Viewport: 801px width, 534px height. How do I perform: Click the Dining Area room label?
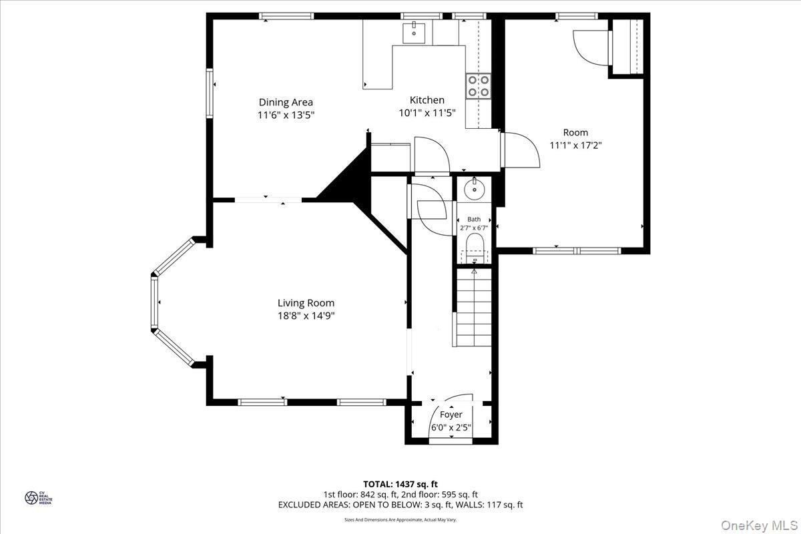tap(286, 102)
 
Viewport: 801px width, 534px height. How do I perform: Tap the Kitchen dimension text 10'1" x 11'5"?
tap(427, 113)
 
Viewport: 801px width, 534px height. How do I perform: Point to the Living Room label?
tap(306, 303)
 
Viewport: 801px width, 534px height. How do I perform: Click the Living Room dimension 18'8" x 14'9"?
tap(306, 316)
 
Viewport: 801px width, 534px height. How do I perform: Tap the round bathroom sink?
tap(475, 190)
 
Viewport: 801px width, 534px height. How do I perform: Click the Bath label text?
tap(474, 219)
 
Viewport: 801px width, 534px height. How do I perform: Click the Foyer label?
tap(451, 415)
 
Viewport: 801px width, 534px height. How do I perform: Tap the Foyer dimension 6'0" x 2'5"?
tap(451, 427)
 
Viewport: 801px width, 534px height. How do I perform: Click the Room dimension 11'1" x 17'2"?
tap(575, 145)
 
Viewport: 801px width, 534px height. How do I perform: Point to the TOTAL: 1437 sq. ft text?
tap(400, 484)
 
